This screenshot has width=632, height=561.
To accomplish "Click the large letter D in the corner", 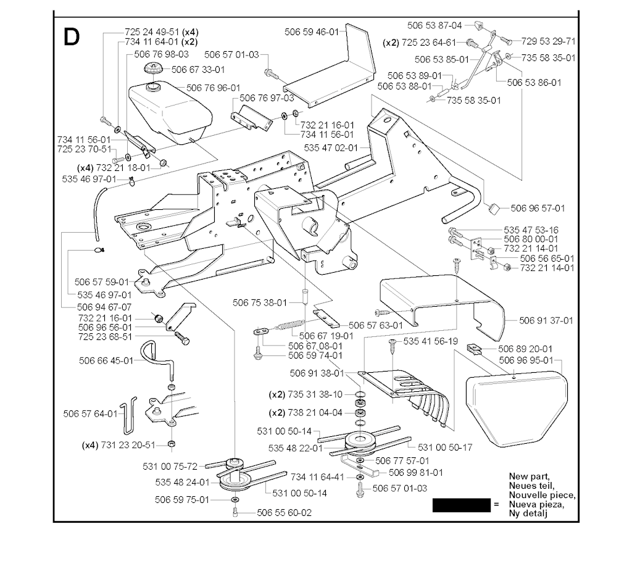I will point(72,38).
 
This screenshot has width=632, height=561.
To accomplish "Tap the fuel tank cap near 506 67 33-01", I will point(152,67).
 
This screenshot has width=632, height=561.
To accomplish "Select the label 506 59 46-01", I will point(312,32).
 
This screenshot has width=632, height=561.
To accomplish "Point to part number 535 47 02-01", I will point(331,148).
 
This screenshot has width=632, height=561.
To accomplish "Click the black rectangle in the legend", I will point(460,505).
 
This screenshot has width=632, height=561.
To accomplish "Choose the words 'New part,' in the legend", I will point(528,477).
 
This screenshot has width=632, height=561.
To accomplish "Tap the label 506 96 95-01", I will point(526,360).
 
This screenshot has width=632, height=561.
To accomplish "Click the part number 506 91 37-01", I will point(546,320).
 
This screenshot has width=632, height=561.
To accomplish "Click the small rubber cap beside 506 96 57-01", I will point(494,210).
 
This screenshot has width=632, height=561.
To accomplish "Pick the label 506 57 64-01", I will point(91,413).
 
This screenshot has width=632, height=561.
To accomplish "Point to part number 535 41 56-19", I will point(430,341).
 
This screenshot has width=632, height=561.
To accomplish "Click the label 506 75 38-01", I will point(260,302).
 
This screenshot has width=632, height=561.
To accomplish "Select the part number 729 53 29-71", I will point(548,41).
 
